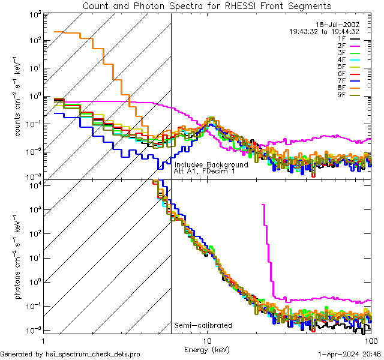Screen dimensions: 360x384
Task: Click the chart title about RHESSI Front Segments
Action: point(206,6)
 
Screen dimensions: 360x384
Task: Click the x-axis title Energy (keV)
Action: point(207,349)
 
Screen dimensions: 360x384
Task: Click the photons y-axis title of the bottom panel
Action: point(18,258)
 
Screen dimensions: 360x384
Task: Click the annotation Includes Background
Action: point(211,164)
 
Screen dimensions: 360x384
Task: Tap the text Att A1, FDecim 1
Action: point(205,171)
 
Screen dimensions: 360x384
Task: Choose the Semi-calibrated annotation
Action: point(203,326)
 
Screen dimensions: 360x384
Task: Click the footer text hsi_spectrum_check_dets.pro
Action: point(70,354)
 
